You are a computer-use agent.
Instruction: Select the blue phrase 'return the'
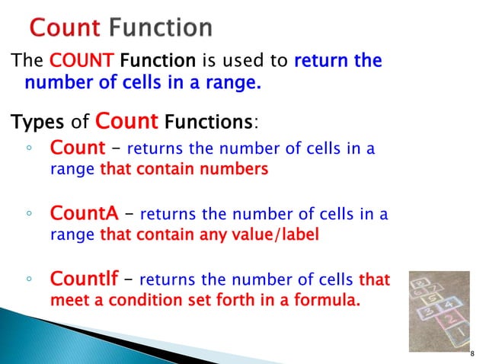(337, 61)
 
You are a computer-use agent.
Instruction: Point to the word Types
(34, 121)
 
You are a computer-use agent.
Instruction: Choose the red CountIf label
(83, 280)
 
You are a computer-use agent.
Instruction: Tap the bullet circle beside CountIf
(27, 282)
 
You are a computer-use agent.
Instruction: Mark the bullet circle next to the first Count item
(27, 150)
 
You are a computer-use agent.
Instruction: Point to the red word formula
(328, 301)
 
